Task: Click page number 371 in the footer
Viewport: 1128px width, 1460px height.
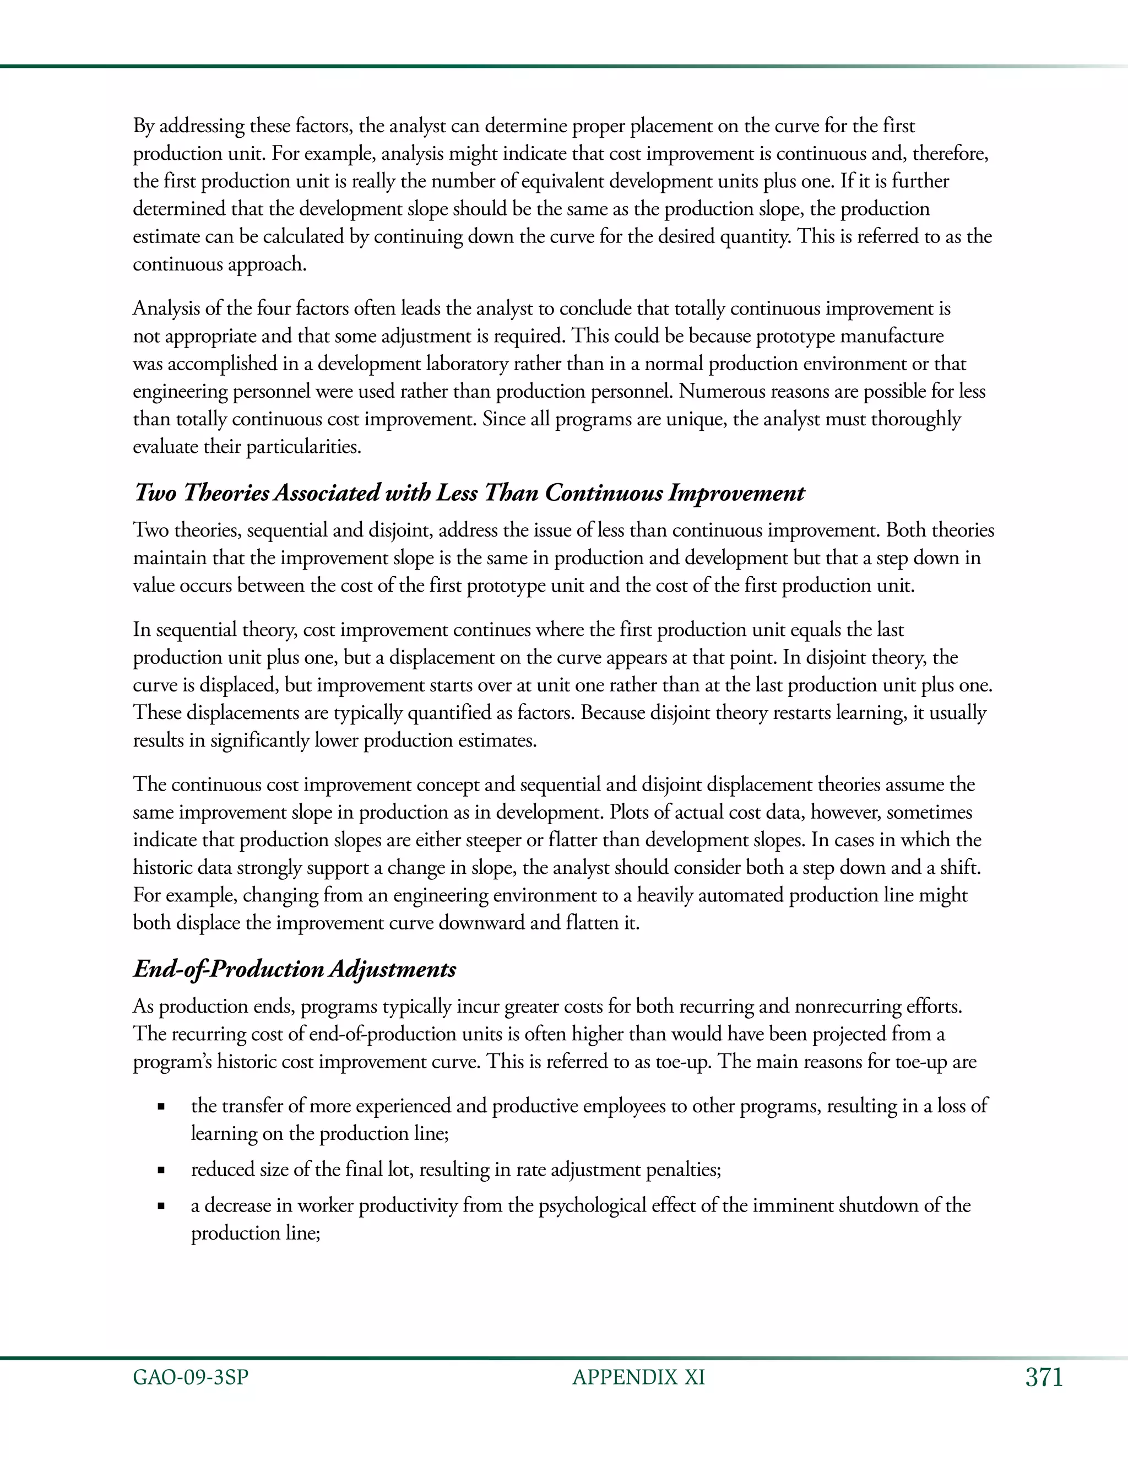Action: [1043, 1377]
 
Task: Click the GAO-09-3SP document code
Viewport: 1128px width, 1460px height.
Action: [191, 1377]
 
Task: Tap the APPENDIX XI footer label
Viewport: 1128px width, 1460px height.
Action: [638, 1377]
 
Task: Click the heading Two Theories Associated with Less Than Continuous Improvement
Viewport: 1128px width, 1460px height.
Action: [469, 493]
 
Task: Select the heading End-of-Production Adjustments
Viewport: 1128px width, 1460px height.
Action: [295, 969]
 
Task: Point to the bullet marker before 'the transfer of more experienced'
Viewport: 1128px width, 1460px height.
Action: [160, 1107]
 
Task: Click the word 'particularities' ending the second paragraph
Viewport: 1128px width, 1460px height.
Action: [303, 447]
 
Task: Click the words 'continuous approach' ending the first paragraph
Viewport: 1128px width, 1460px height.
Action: [219, 264]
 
